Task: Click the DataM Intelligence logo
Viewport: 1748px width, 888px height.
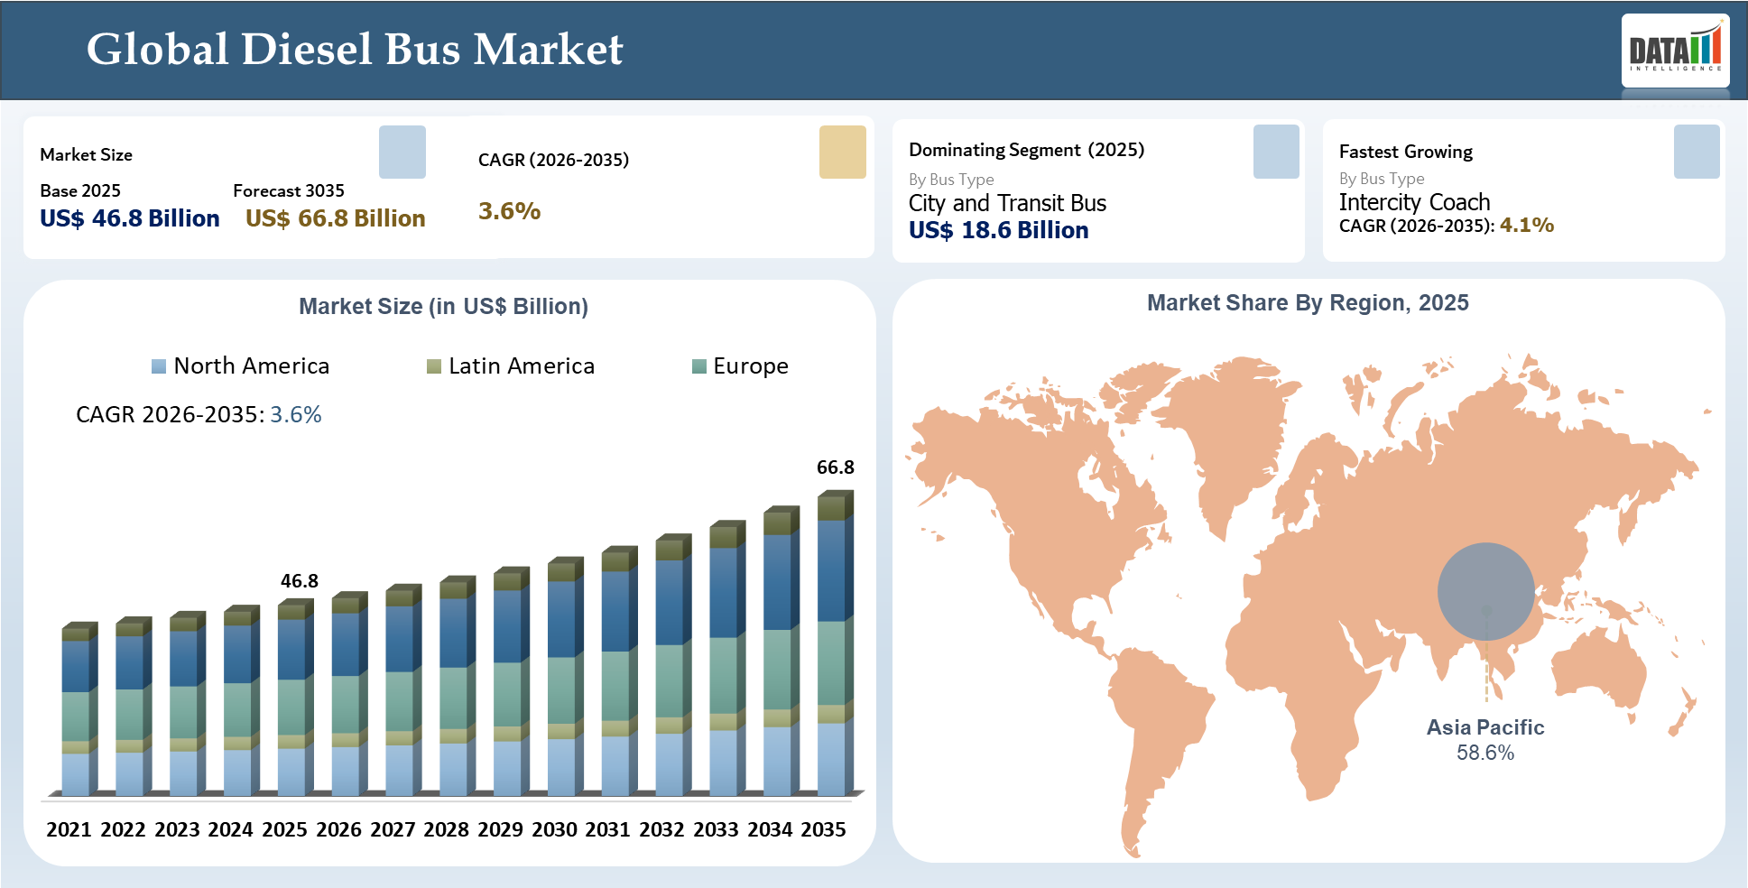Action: point(1675,51)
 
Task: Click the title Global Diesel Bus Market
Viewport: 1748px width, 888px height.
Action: point(355,50)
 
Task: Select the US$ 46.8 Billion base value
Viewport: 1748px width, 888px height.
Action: point(130,218)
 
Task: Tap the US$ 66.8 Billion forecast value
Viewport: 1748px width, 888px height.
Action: point(335,218)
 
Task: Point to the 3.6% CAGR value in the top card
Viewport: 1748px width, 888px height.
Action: point(509,211)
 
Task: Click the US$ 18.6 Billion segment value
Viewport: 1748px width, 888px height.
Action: point(998,230)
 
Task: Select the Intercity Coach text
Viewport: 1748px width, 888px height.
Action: point(1414,202)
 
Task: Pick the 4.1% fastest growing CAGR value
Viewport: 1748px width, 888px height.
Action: point(1527,225)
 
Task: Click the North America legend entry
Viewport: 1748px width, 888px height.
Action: point(241,365)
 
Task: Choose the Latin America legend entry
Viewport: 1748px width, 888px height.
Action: point(512,365)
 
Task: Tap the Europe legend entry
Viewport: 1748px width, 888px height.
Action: point(741,365)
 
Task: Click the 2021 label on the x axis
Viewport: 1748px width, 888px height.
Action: point(69,829)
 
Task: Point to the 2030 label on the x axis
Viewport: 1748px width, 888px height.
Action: point(554,829)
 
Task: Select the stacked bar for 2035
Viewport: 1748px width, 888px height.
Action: point(834,645)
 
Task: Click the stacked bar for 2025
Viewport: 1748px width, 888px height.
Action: point(294,699)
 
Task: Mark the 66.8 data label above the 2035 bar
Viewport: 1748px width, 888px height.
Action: point(835,467)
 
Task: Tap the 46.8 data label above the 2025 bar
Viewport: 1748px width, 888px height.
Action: point(299,581)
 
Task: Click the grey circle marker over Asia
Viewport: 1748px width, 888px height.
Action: point(1485,591)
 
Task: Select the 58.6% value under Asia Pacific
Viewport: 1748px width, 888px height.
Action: point(1485,753)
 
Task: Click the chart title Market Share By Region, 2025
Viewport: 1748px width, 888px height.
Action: point(1308,303)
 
